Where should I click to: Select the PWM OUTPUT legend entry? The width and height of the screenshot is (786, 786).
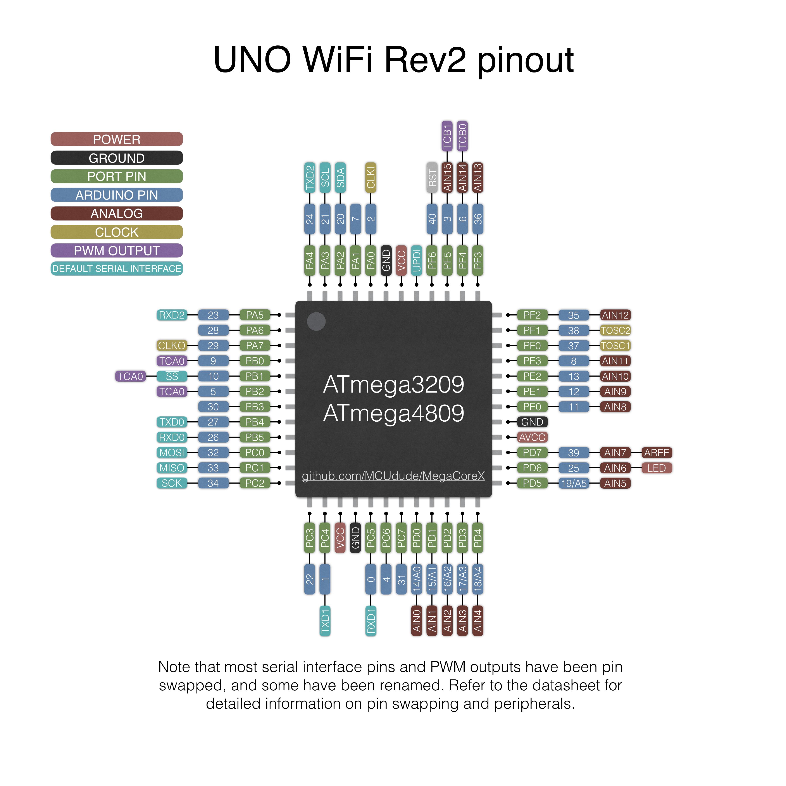pos(117,251)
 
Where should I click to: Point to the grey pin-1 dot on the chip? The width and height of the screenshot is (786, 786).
pos(316,321)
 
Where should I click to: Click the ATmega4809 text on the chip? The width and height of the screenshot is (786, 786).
pos(393,413)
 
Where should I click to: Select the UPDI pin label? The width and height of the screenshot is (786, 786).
pos(416,261)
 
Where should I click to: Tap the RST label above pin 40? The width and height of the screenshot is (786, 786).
pos(432,178)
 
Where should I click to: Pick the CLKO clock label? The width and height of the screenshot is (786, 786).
pos(172,345)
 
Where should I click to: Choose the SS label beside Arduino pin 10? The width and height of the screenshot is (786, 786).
pos(172,376)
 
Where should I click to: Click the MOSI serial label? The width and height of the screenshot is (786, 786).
pos(172,452)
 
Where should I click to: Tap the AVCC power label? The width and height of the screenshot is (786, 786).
pos(532,437)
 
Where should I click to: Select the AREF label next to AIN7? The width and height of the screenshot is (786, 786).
pos(656,452)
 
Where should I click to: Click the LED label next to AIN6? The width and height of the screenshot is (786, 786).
pos(656,468)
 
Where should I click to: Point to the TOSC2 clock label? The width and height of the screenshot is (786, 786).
pos(615,330)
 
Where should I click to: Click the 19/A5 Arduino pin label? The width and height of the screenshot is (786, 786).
pos(574,483)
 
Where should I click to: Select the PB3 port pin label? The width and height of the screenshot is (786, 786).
pos(255,407)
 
